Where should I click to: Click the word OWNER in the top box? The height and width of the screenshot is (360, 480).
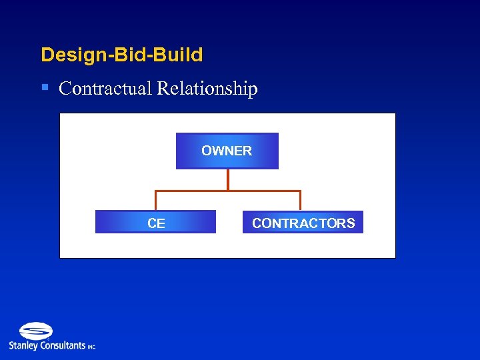coord(227,151)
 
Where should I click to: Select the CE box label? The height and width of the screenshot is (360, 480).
coord(156,223)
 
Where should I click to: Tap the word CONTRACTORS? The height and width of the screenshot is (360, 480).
coord(303,223)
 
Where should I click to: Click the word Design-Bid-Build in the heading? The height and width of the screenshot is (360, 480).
coord(122,55)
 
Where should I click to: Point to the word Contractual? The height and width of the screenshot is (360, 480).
coord(105,89)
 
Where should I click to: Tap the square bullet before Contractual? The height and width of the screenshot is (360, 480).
coord(45,87)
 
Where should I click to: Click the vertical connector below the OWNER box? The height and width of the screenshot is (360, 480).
coord(228,180)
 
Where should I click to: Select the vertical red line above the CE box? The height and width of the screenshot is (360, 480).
coord(156,201)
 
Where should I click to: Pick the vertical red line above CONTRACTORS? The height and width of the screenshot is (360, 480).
coord(301,201)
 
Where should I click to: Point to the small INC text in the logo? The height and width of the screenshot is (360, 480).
coord(91,347)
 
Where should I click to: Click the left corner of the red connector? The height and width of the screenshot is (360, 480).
coord(156,191)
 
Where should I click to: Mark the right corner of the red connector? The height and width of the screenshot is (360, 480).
coord(301,191)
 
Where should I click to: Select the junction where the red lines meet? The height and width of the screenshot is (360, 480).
coord(228,191)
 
